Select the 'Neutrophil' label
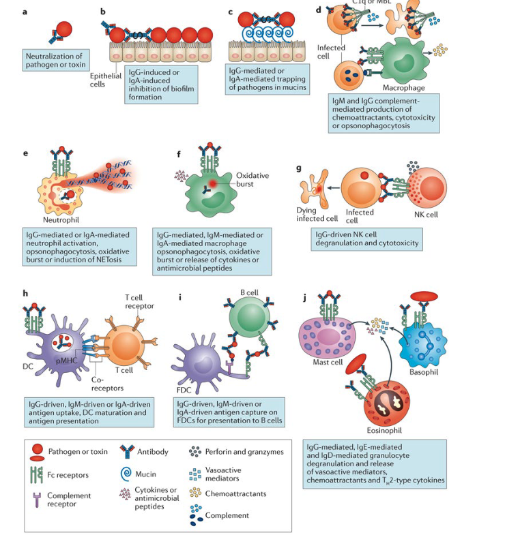[63, 220]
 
